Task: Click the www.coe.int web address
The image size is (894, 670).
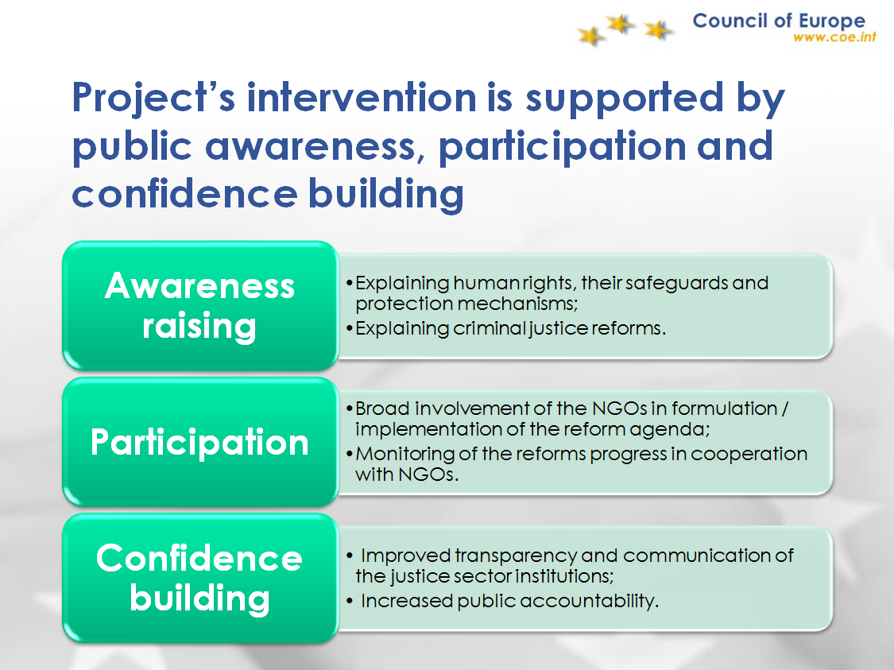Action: pyautogui.click(x=834, y=37)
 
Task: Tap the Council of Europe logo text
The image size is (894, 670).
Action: pyautogui.click(x=779, y=21)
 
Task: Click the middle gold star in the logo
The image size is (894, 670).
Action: pyautogui.click(x=620, y=25)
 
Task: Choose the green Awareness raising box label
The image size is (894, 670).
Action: pyautogui.click(x=199, y=306)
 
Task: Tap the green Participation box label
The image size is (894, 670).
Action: pyautogui.click(x=199, y=442)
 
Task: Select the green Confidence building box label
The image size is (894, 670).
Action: pyautogui.click(x=199, y=578)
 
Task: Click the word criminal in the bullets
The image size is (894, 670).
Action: pyautogui.click(x=489, y=328)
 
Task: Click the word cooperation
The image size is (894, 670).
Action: pyautogui.click(x=749, y=454)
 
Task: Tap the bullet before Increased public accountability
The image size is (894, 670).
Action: pyautogui.click(x=350, y=601)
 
